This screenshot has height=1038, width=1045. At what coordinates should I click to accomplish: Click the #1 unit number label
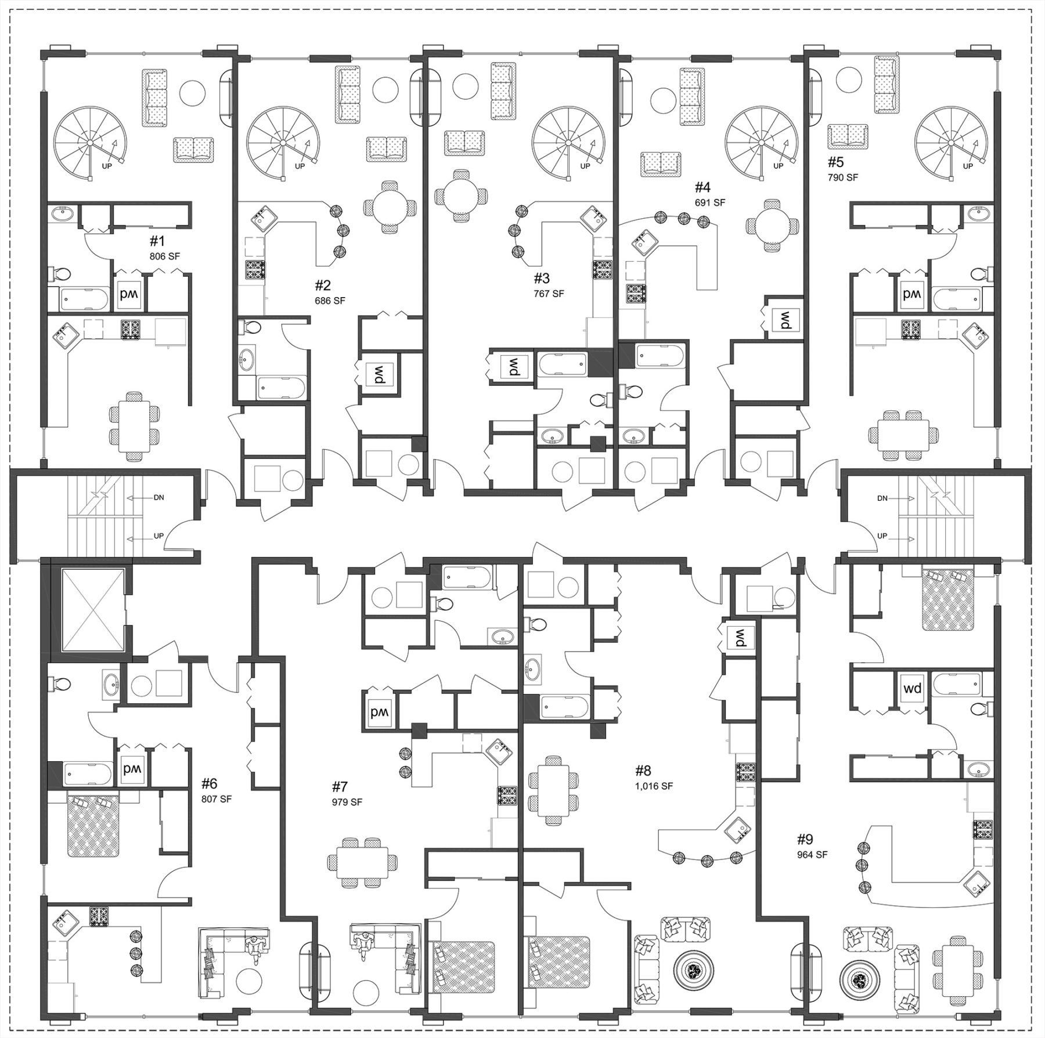(158, 241)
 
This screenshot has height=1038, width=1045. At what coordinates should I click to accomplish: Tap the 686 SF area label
(330, 301)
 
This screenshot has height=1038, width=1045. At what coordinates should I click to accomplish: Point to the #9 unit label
(805, 839)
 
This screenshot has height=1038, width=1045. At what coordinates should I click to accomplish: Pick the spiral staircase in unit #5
(950, 143)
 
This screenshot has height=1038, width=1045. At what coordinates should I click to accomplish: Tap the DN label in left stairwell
(159, 498)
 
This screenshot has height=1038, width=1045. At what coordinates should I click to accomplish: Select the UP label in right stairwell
(882, 536)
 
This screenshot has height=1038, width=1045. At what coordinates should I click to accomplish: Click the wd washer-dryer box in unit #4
(784, 319)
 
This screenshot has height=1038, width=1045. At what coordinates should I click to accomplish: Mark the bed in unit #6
(93, 827)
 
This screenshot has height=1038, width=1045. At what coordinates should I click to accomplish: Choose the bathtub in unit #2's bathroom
(280, 387)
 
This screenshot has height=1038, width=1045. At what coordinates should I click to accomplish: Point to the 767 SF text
(549, 294)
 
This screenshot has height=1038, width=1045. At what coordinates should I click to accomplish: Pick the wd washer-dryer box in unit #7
(381, 712)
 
